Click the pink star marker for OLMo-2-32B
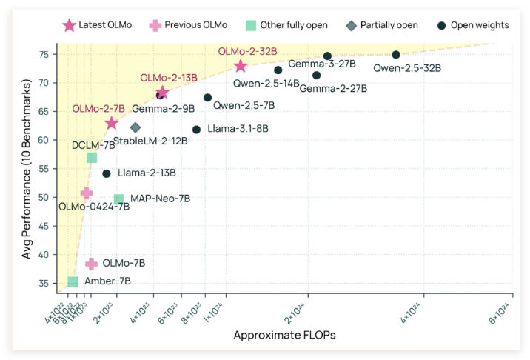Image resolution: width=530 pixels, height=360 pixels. (240, 66)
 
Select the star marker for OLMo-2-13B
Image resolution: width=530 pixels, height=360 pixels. (162, 93)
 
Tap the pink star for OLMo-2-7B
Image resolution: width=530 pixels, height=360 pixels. (112, 123)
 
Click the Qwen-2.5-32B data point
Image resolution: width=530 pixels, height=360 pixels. (396, 55)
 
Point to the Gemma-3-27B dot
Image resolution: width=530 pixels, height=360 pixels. (327, 56)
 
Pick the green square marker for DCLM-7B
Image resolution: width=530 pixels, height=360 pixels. (92, 157)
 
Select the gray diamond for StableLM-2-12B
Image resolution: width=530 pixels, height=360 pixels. (135, 127)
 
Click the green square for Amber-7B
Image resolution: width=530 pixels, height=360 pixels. (73, 281)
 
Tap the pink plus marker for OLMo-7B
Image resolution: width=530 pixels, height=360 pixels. (92, 264)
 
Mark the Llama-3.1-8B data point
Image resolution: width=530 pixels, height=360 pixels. (196, 130)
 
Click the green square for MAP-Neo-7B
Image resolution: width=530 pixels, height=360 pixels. (118, 199)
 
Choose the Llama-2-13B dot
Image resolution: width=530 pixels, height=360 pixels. (106, 173)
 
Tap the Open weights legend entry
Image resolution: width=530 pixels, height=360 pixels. (474, 25)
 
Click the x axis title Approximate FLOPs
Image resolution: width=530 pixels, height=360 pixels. (284, 336)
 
